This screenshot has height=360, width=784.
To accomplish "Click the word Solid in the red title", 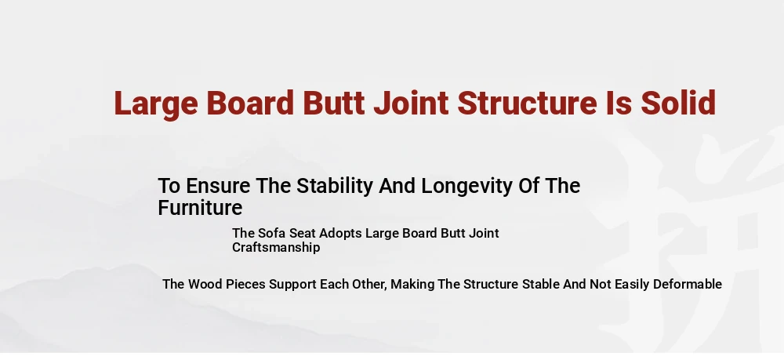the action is [678, 103].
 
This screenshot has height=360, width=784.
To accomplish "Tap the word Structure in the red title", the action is [527, 103].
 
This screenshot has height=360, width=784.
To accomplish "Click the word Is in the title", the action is [619, 103].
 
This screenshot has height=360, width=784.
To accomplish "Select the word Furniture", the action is [200, 208].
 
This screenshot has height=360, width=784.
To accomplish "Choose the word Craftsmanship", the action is [276, 248].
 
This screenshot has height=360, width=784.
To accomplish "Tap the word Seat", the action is [303, 234].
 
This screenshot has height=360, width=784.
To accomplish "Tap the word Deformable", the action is [688, 284].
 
